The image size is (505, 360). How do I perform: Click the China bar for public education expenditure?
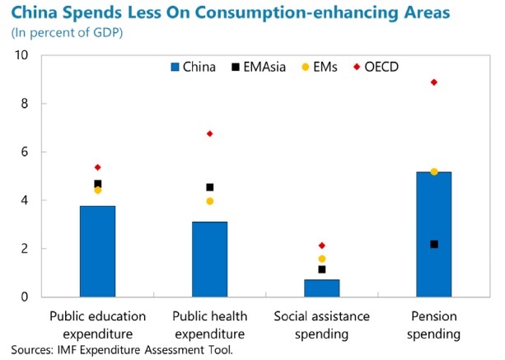97,251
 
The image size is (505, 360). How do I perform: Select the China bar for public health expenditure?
209,259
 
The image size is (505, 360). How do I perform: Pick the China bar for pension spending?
433,234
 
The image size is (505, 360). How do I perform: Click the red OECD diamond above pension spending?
434,82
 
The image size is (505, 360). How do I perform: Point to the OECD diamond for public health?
210,133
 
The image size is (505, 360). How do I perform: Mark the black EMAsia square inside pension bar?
434,244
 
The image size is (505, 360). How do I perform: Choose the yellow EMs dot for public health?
210,201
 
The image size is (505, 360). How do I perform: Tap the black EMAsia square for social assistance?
322,269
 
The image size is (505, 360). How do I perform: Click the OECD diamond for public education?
98,167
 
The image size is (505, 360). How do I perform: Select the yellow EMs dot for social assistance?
322,259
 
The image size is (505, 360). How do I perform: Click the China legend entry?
195,67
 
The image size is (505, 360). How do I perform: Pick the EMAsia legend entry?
258,67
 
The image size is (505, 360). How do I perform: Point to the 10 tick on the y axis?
22,55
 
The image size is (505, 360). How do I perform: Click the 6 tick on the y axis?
25,152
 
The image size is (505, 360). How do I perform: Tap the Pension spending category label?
433,325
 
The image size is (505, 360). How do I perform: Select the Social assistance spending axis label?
321,325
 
